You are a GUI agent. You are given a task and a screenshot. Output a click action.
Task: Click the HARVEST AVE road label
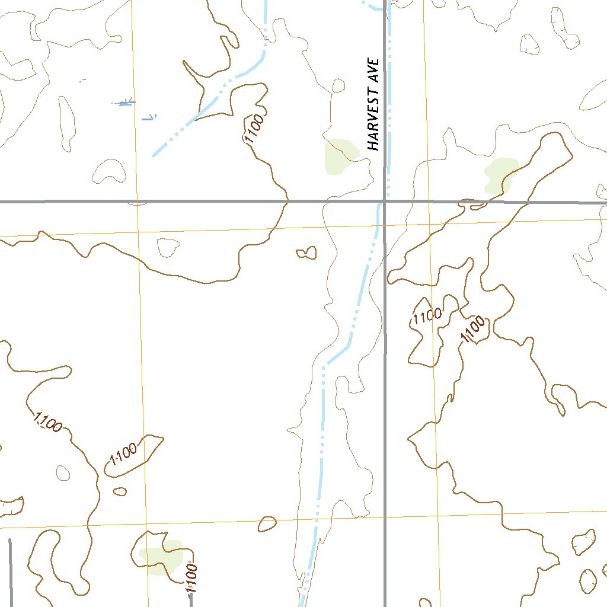[x=373, y=104]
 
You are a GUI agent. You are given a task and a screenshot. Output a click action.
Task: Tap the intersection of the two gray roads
[x=384, y=202]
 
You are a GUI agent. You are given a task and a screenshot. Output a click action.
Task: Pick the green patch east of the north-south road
[x=500, y=175]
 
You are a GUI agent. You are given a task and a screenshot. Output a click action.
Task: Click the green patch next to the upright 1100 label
[x=160, y=557]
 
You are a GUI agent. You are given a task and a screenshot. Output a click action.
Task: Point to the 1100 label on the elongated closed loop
[x=123, y=455]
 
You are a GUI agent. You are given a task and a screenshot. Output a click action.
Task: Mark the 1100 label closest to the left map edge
[x=47, y=421]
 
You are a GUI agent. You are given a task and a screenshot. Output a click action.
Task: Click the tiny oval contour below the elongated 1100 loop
[x=120, y=491]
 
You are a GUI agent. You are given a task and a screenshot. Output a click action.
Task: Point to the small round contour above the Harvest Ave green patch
[x=338, y=86]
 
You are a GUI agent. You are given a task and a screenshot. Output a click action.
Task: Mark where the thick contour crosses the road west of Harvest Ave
[x=287, y=202]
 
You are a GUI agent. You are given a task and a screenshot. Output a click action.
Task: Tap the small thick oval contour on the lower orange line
[x=267, y=523]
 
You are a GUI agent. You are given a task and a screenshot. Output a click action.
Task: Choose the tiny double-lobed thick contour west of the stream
[x=306, y=253]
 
